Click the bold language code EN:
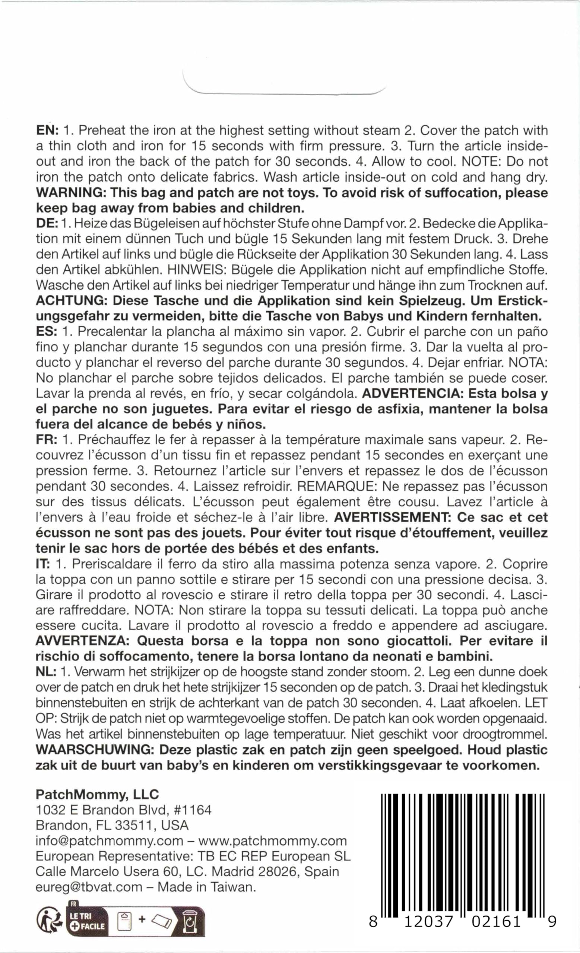tap(47, 130)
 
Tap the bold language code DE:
tap(47, 224)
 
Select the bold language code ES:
tap(47, 332)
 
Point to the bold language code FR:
tap(47, 440)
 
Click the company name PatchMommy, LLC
tap(97, 794)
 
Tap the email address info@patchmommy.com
tap(109, 841)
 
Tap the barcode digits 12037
tap(429, 922)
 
